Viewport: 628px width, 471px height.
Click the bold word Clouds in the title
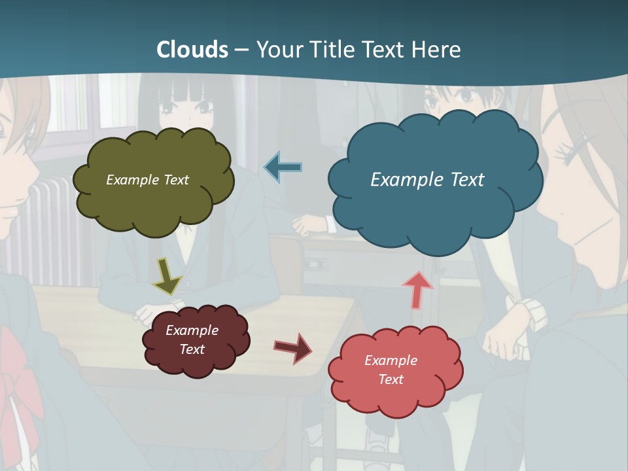192,50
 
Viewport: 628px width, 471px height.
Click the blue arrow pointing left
283,167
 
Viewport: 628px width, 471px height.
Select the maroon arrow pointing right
292,347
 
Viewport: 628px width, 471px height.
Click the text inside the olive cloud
147,180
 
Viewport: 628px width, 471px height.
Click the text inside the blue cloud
427,180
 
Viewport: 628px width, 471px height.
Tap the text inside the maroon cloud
192,340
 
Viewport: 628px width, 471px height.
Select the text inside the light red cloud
391,370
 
